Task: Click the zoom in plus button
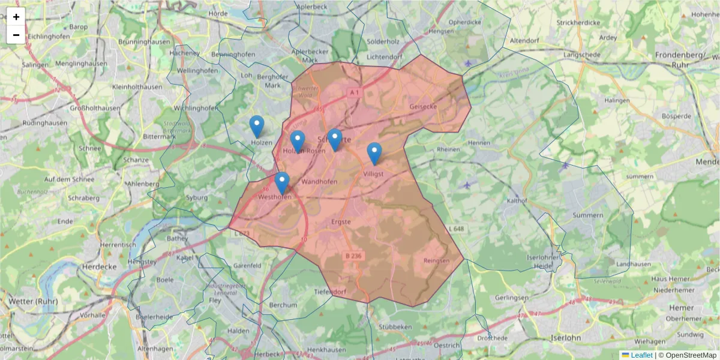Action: coord(16,17)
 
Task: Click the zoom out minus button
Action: coord(16,35)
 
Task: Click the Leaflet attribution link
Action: coord(641,355)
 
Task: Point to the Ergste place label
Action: coord(340,222)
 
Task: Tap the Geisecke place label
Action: coord(423,106)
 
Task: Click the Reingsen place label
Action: coord(436,260)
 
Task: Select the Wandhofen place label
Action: coord(319,181)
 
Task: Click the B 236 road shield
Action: coord(354,256)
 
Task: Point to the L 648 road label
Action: coord(456,229)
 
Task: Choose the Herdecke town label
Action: coord(98,266)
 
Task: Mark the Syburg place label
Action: coord(197,197)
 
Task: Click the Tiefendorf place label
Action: coord(330,292)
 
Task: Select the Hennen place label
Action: coord(479,143)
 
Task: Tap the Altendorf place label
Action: coord(526,41)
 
